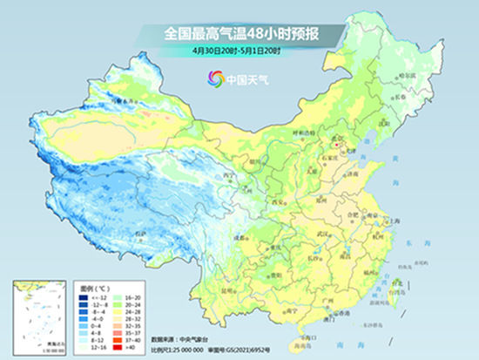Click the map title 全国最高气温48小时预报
pos(240,34)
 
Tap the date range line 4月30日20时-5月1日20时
pos(240,51)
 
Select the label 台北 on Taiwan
pos(399,280)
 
